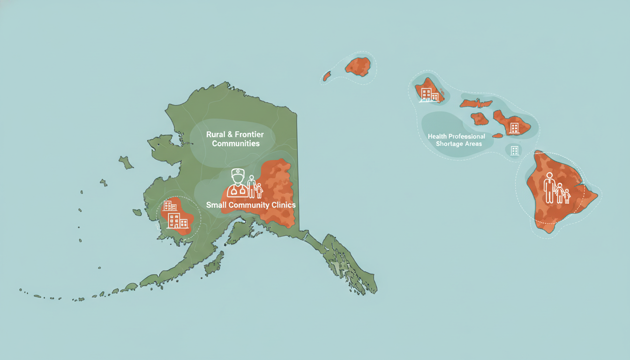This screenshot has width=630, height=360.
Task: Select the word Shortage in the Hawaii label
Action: (448, 143)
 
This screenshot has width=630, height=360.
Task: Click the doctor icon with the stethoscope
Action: (238, 183)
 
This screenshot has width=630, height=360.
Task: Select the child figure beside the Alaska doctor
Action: (258, 190)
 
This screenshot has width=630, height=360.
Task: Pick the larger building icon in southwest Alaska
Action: (174, 220)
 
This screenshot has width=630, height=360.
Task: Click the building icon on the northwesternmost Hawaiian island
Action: (427, 94)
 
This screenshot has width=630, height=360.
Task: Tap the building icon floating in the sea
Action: (514, 150)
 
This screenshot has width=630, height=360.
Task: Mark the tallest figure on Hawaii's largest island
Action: (549, 187)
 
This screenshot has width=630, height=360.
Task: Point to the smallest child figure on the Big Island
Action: (566, 196)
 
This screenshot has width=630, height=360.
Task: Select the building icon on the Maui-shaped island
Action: (514, 127)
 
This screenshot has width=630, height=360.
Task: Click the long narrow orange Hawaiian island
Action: (475, 103)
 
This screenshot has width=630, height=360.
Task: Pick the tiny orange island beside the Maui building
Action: (497, 135)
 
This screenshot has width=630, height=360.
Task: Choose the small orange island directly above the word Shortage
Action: (479, 119)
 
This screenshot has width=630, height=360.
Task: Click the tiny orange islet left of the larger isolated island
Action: (327, 75)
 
